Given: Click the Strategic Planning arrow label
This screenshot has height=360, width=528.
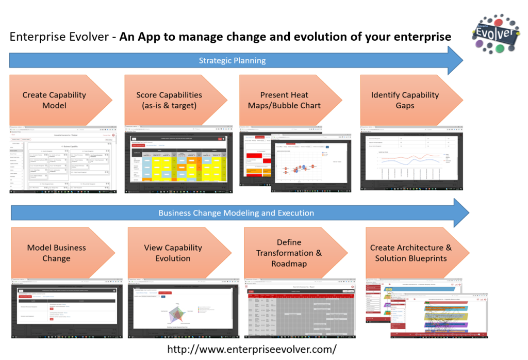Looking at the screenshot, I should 232,60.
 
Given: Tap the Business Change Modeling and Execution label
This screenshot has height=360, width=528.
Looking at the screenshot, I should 236,212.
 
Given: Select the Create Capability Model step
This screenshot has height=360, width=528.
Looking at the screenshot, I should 54,100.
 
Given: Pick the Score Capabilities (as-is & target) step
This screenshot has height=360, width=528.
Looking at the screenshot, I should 169,100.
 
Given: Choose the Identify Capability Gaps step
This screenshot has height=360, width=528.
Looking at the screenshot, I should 405,100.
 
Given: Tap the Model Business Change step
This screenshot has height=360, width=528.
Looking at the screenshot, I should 56,253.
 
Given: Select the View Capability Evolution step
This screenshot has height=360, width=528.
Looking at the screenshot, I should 173,253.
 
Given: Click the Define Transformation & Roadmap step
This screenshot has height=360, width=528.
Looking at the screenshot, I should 289,253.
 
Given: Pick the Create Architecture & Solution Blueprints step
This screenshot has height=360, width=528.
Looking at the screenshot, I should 410,253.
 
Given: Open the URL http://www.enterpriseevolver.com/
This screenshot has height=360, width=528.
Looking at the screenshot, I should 252,349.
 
